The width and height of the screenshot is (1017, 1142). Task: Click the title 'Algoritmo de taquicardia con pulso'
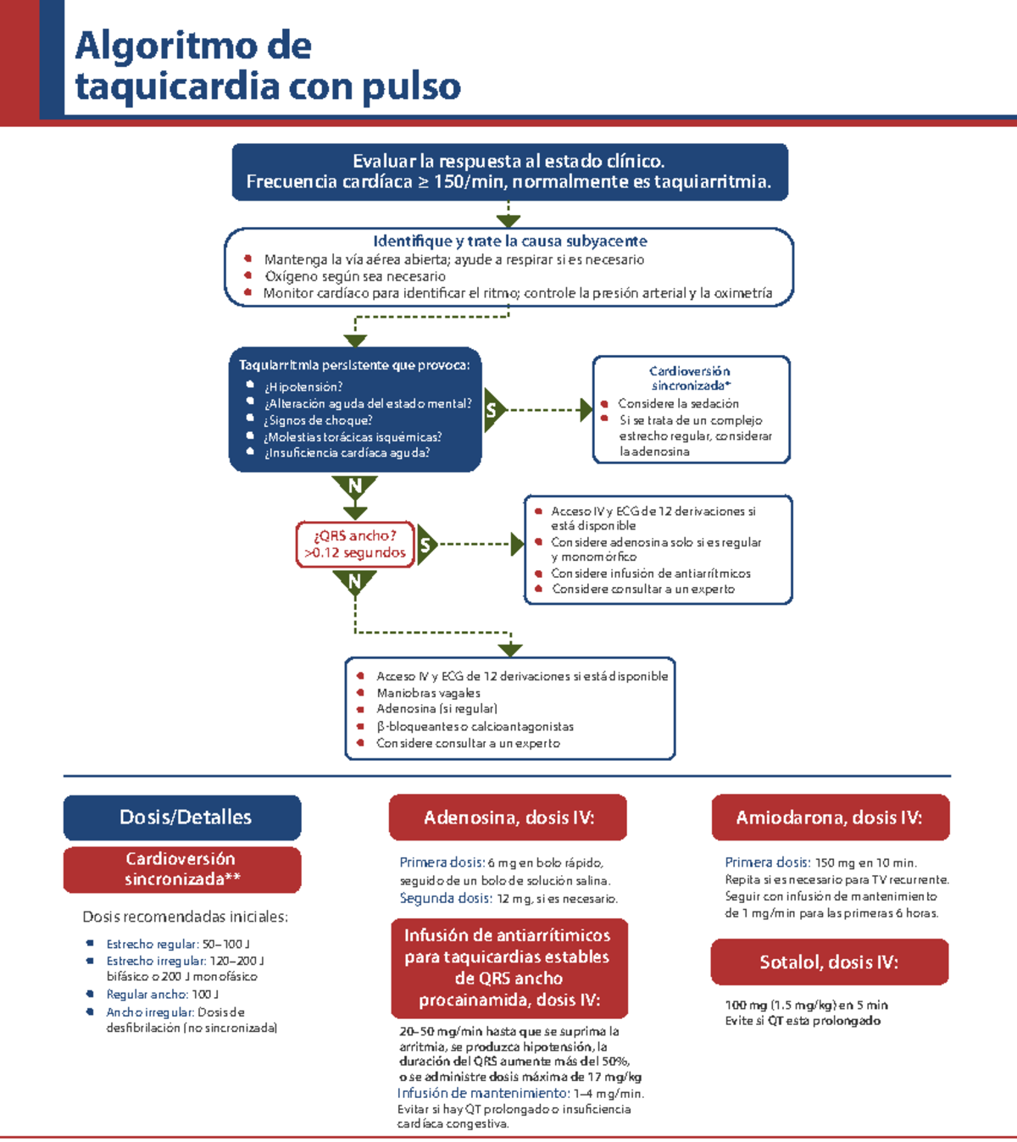tap(268, 66)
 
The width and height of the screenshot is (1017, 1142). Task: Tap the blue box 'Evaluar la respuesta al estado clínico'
tap(509, 171)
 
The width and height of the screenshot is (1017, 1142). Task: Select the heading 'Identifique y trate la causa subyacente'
tap(509, 241)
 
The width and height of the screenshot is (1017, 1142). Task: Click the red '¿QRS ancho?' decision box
tap(354, 544)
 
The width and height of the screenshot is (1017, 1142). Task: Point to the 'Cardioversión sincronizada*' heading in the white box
tap(690, 378)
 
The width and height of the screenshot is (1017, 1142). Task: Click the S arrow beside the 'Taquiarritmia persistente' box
tap(492, 411)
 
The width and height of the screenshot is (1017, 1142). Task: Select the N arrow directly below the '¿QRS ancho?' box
tap(355, 582)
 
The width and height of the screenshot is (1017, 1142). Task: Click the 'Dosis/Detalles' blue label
tap(182, 818)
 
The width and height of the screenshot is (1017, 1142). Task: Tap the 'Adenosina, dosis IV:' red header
tap(508, 818)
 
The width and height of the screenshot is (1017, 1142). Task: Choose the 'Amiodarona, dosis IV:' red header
tap(830, 818)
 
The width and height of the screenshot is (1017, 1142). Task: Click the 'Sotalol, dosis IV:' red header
tap(829, 962)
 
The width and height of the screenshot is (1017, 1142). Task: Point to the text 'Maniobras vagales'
tap(429, 693)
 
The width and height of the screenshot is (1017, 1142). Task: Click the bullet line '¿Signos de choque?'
tap(318, 420)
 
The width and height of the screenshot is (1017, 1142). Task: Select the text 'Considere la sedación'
tap(678, 404)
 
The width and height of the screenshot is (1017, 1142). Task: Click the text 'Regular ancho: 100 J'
tap(162, 995)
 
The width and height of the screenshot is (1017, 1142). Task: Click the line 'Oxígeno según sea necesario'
tap(354, 276)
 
